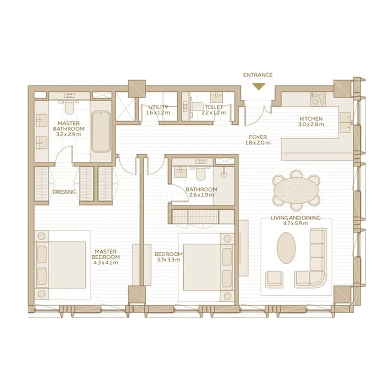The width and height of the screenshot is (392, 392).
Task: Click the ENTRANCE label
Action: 258,75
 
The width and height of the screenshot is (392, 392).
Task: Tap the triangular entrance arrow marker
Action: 259,86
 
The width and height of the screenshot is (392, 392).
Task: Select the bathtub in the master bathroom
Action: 101,131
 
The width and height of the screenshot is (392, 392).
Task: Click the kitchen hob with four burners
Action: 318,99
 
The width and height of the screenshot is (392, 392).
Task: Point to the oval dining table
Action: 296,190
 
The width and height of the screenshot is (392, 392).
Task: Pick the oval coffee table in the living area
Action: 286,248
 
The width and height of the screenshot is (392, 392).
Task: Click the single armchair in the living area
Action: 274,279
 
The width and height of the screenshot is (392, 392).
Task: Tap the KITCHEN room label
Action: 311,119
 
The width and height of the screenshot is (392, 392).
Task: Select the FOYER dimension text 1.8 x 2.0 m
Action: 258,143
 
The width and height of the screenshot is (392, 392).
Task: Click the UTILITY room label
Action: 158,107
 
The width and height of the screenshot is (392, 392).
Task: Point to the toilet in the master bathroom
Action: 69,107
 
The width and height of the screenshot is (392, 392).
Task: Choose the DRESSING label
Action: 64,192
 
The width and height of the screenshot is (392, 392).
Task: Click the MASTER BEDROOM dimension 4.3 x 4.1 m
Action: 106,263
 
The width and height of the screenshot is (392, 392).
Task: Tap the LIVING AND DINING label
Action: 296,218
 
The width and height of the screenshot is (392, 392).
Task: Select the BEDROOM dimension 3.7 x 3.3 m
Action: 168,260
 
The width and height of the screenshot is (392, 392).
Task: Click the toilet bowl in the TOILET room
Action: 197,107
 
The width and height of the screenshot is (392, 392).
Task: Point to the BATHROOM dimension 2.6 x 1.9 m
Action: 201,195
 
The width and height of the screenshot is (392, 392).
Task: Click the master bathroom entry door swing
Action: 64,153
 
